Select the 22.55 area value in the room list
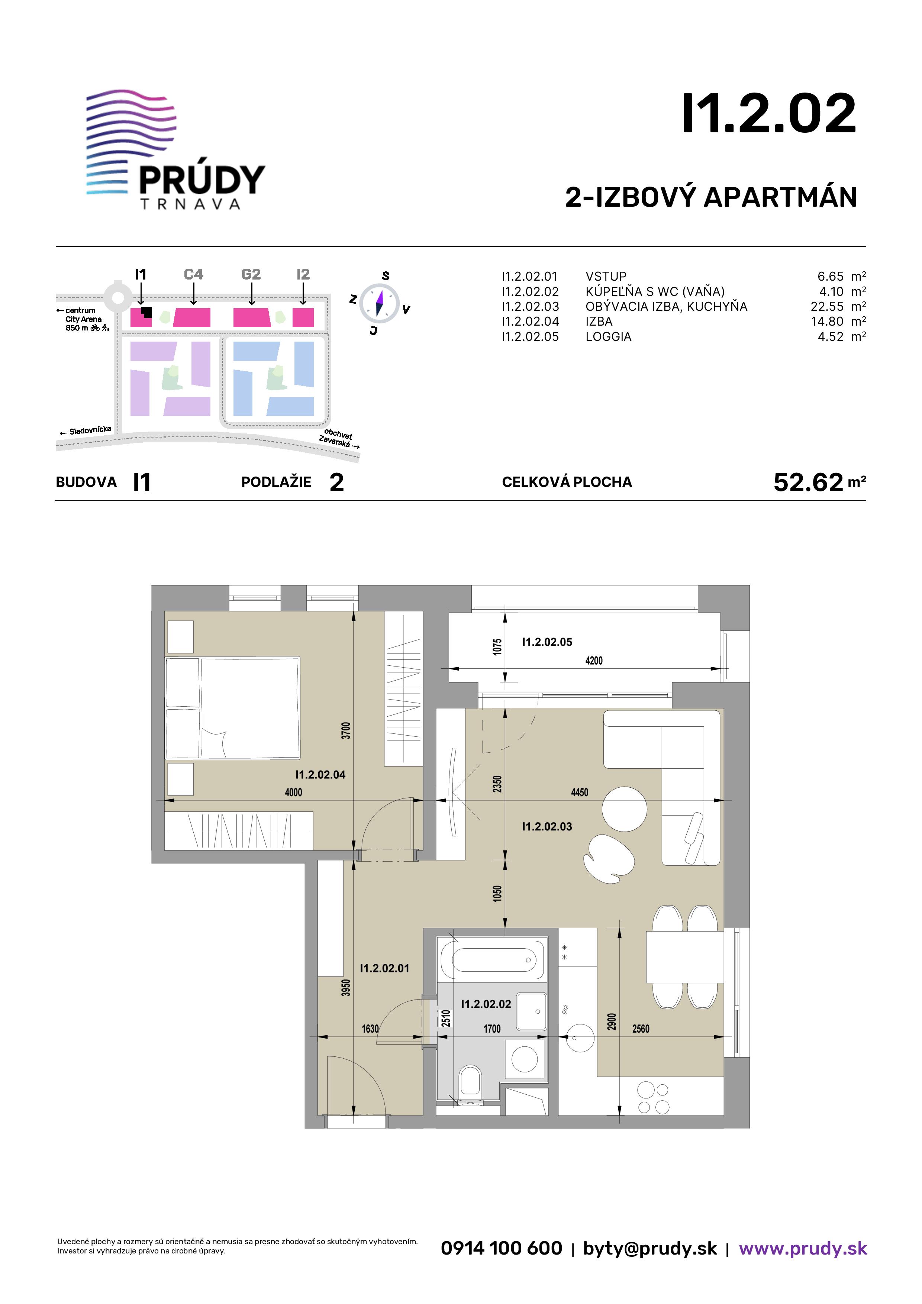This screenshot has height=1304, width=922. click(827, 307)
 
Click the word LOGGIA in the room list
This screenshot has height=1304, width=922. click(609, 337)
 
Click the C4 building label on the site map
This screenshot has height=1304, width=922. click(193, 274)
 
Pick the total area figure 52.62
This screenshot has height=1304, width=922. click(808, 482)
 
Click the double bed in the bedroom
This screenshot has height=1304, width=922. click(232, 708)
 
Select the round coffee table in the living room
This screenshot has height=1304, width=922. click(624, 809)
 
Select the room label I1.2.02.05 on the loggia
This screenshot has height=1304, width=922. click(547, 642)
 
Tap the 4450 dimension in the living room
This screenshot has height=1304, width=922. click(580, 792)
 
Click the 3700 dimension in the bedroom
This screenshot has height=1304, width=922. click(346, 730)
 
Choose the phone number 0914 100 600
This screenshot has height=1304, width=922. click(502, 1248)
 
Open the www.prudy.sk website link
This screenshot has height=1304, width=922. click(803, 1248)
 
